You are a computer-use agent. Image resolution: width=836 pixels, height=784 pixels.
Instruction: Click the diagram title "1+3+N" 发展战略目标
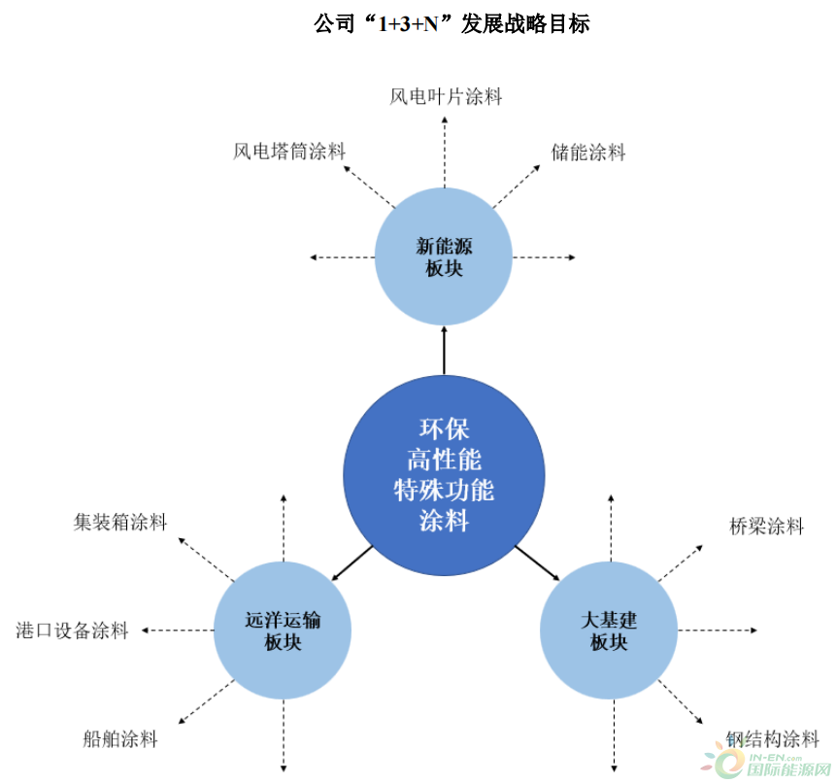tap(451, 24)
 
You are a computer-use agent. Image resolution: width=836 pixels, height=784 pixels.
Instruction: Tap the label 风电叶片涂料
tap(446, 96)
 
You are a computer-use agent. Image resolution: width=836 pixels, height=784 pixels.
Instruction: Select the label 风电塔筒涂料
tap(289, 152)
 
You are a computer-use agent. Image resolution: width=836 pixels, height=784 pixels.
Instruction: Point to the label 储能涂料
tap(588, 153)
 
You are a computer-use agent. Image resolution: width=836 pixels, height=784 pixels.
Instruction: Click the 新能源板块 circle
tap(444, 256)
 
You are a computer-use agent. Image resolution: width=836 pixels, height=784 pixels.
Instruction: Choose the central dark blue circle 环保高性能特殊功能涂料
tap(444, 475)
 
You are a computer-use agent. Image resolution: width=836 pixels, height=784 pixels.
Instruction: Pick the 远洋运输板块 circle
tap(283, 631)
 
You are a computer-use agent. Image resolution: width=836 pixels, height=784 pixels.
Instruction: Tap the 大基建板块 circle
tap(609, 631)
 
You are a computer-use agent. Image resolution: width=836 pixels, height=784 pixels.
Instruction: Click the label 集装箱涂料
tap(120, 522)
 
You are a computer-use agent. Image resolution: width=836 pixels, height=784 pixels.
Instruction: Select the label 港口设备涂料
tap(73, 631)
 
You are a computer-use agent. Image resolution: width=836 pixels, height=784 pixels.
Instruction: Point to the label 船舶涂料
tap(120, 739)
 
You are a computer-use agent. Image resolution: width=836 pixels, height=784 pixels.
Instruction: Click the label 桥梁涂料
tap(767, 527)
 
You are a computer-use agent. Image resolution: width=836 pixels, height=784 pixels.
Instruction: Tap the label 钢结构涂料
tap(773, 739)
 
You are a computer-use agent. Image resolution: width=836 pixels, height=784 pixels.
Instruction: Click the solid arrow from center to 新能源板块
tap(444, 350)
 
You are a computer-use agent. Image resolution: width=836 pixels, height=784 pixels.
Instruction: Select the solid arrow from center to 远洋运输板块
tap(351, 563)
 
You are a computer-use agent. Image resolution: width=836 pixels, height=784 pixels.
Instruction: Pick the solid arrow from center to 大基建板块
tap(538, 562)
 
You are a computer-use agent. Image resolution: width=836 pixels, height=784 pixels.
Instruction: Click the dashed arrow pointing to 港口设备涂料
tap(178, 631)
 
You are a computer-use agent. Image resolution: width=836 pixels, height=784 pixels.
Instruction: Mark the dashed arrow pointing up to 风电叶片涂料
tap(444, 152)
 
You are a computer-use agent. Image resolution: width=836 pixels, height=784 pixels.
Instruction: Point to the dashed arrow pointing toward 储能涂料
tap(517, 187)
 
